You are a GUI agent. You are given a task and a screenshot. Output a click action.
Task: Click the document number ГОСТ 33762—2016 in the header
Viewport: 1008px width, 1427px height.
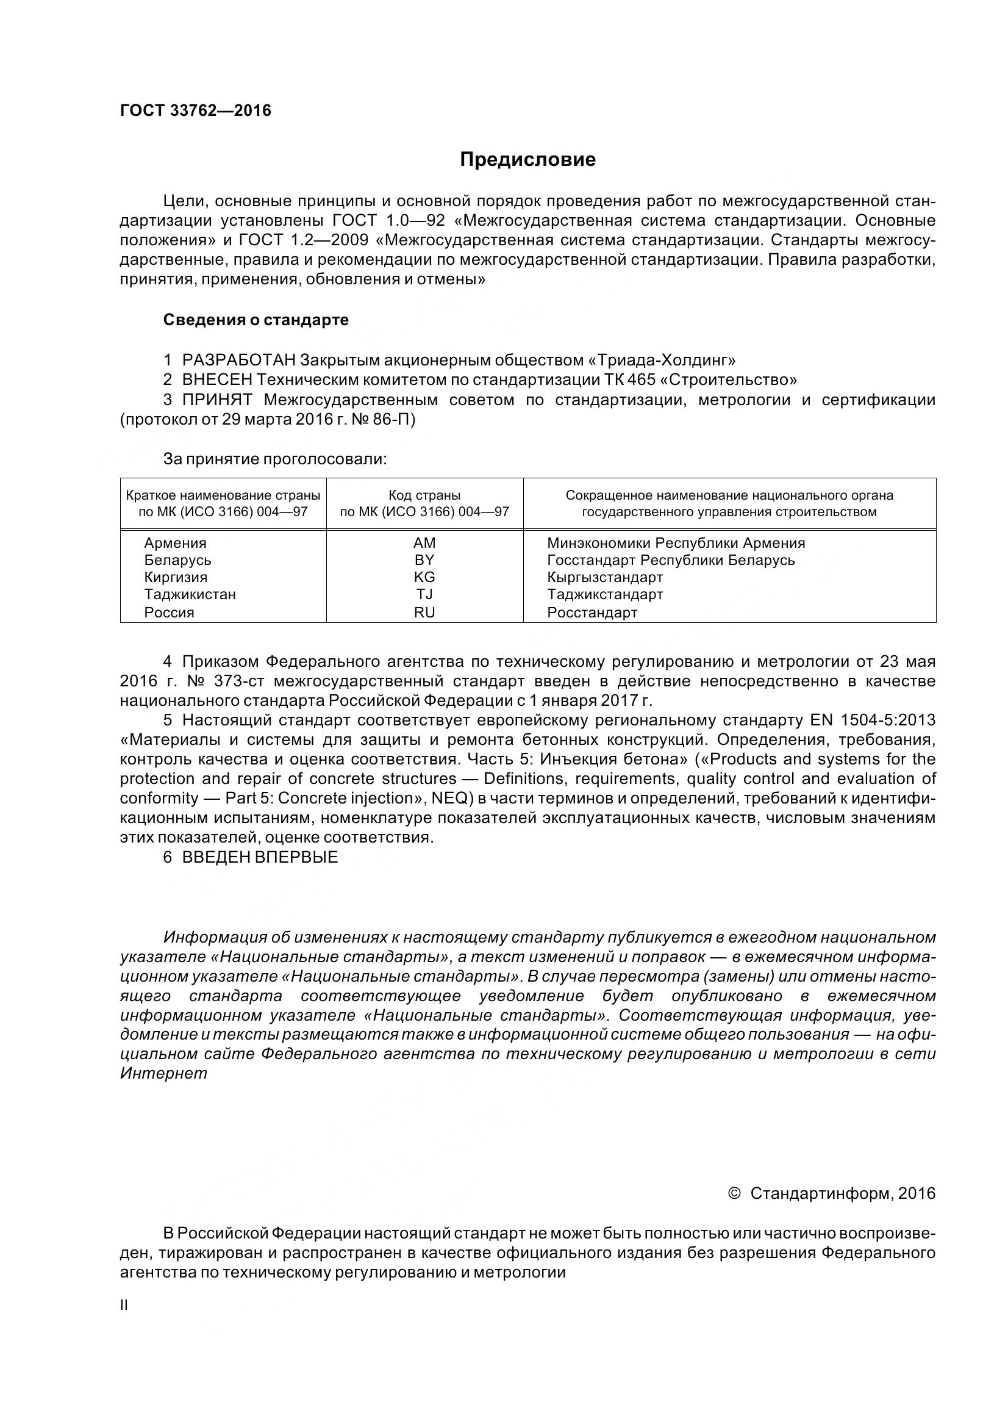pos(195,110)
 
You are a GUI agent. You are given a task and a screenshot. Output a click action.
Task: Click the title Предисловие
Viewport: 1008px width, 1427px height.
pos(527,160)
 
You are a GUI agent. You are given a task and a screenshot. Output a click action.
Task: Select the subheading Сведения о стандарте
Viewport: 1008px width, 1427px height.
pos(256,320)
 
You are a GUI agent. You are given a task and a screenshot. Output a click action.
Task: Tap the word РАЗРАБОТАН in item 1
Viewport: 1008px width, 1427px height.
pos(238,360)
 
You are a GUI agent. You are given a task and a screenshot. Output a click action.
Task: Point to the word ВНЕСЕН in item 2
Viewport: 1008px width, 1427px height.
pos(217,379)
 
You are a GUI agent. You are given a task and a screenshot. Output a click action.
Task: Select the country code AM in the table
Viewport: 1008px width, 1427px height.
pos(424,543)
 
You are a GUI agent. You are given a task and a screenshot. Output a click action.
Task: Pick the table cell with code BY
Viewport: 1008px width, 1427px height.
pos(424,560)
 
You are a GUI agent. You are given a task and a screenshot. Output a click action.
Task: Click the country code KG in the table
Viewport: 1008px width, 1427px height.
pos(424,577)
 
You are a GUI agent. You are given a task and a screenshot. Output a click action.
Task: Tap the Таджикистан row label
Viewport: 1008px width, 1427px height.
pos(190,594)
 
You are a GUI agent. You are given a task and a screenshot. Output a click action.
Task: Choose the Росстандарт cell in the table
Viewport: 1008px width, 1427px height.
pos(592,613)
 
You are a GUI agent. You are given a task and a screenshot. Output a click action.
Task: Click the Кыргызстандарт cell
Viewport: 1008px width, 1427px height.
pos(605,577)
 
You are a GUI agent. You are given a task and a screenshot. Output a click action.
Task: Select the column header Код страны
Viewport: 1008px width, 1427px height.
pos(424,495)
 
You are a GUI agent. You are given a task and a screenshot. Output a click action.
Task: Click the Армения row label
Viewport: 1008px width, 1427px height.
pos(175,543)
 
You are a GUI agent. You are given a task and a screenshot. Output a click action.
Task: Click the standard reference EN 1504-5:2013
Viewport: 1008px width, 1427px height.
pos(872,721)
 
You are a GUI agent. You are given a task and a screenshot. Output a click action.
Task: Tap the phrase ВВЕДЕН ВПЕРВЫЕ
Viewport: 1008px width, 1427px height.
pos(260,857)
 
